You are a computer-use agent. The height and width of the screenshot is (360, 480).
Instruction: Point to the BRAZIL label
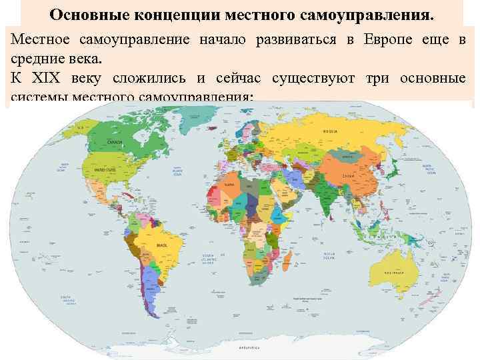[161, 245]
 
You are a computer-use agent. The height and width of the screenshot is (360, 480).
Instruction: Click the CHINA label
[348, 176]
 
